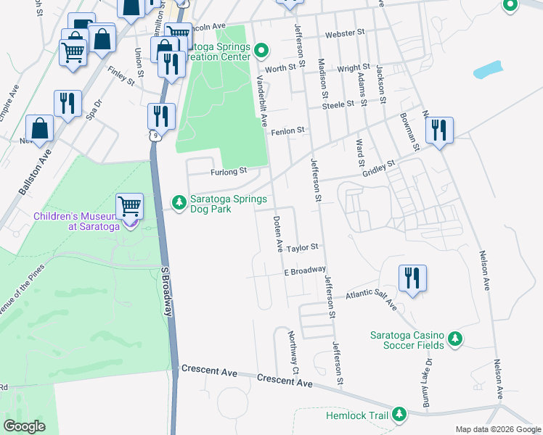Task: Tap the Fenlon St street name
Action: (x=287, y=131)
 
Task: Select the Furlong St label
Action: (x=229, y=172)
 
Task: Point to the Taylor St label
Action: (x=302, y=247)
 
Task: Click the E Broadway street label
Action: (x=304, y=270)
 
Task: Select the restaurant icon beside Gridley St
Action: (x=439, y=130)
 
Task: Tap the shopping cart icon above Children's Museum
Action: (x=129, y=205)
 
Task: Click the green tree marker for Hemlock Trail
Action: (x=399, y=414)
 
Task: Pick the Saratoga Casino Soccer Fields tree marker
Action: (x=454, y=339)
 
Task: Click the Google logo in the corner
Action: (x=25, y=426)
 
